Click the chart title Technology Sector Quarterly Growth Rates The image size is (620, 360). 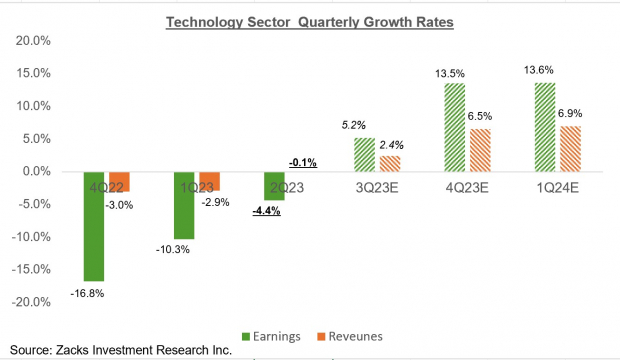[310, 22]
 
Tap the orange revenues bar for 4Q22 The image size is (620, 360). [120, 181]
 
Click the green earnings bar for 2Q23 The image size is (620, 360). [274, 186]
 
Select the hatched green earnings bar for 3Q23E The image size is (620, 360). [364, 154]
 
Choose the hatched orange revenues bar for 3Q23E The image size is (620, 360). [391, 163]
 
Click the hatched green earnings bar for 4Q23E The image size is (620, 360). [455, 127]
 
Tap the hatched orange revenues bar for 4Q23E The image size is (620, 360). [481, 150]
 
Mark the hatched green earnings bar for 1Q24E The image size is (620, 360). [545, 127]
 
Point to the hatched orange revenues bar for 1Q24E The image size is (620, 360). [571, 149]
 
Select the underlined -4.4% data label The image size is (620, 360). [267, 211]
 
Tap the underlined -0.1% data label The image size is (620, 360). [302, 161]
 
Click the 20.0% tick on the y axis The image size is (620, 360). [32, 41]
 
